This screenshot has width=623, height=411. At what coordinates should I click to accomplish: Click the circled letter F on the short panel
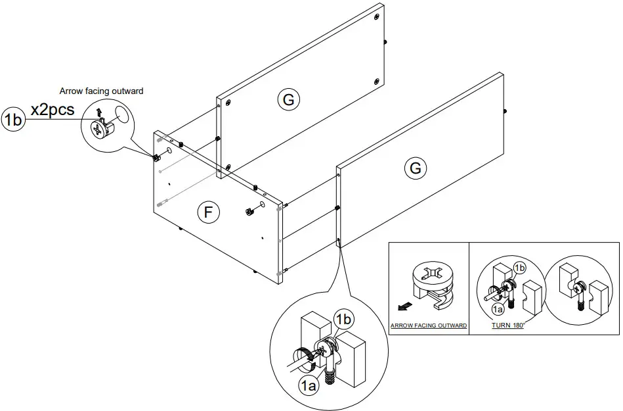click(208, 212)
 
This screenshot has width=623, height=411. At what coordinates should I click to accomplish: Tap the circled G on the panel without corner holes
click(415, 168)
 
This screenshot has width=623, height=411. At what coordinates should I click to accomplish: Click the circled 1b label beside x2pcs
click(14, 120)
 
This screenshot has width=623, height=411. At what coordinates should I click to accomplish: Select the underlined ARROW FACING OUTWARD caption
click(429, 326)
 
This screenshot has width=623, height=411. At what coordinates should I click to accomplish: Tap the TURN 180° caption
click(508, 326)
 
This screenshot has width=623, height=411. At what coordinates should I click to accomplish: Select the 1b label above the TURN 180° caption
click(519, 268)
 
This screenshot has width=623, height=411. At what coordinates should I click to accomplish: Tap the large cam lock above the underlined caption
click(433, 283)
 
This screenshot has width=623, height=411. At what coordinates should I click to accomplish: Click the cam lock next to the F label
click(249, 212)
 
